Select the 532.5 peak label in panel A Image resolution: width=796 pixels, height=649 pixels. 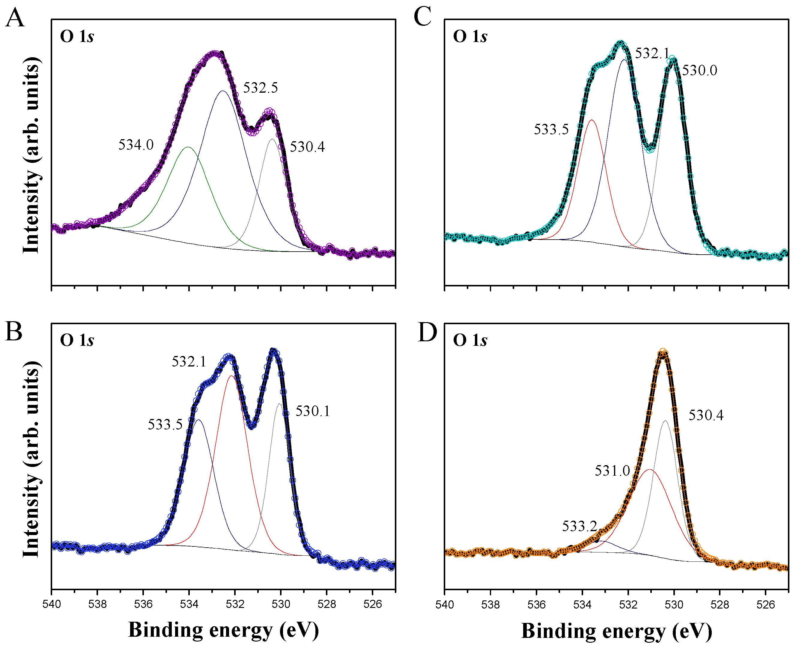(261, 88)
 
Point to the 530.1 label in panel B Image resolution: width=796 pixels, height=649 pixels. (313, 411)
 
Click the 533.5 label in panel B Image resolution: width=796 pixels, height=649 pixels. (165, 425)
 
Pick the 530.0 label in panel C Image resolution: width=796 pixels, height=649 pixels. (699, 70)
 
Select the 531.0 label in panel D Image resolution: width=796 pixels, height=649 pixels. (612, 471)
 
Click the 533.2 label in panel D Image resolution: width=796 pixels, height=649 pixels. (580, 526)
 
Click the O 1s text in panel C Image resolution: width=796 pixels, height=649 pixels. (470, 36)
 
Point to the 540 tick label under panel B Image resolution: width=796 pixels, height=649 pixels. (52, 605)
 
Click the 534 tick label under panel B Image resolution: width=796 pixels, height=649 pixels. (189, 605)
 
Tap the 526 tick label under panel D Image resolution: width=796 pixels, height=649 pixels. (766, 605)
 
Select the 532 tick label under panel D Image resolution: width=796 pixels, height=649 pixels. (628, 605)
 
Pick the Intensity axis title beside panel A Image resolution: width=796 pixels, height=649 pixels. (31, 155)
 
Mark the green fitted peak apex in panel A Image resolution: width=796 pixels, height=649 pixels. (188, 147)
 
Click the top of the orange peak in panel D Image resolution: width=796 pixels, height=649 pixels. (663, 352)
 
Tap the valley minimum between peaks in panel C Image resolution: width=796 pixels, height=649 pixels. (651, 149)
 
